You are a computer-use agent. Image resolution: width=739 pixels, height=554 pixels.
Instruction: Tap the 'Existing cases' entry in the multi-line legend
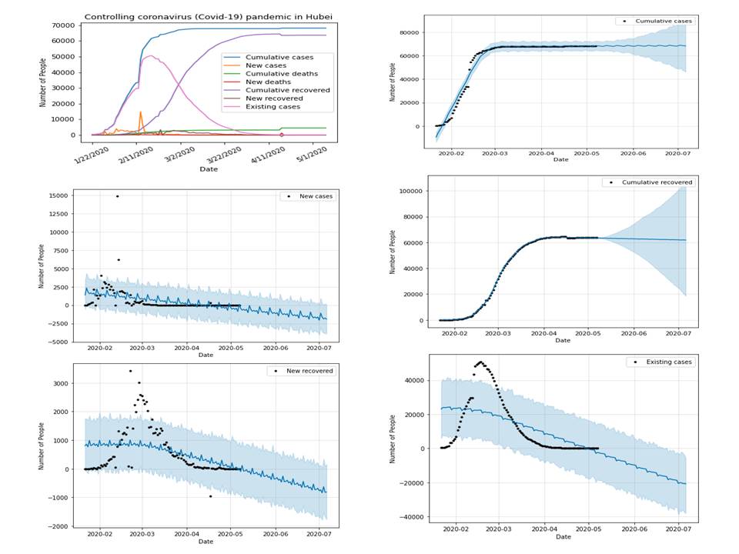[x=278, y=105]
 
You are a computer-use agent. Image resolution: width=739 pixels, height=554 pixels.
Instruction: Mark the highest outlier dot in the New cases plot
[x=117, y=196]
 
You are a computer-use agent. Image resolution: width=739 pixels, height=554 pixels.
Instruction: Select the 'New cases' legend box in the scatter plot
[x=307, y=197]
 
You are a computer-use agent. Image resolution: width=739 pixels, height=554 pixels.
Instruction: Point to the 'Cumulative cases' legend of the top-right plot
[x=654, y=21]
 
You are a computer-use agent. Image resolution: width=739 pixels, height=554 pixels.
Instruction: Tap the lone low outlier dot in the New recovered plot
[x=210, y=496]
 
